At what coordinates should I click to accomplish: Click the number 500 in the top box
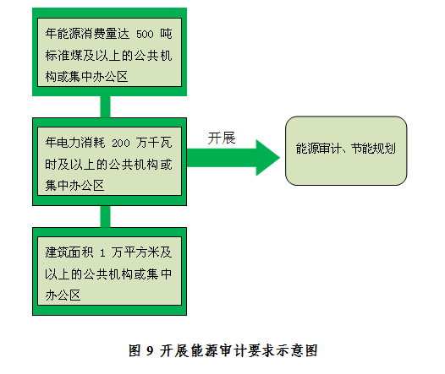pos(145,35)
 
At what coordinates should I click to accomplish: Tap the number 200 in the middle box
pos(121,144)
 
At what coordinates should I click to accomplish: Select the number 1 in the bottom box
pos(102,252)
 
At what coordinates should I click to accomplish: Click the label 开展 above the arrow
pos(222,138)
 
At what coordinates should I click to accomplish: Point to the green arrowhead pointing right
pos(267,158)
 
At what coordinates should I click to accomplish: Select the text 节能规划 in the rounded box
pos(373,149)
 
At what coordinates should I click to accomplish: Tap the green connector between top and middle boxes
pos(105,106)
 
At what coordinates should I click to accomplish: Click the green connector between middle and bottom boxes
pos(105,217)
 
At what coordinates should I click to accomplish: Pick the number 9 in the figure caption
pos(150,351)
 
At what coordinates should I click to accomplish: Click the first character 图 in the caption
pos(135,350)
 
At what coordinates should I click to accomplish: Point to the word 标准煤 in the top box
pos(63,56)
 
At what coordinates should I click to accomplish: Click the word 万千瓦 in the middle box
pos(154,143)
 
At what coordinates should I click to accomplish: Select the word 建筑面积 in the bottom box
pos(69,252)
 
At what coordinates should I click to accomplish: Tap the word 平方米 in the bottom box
pos(141,252)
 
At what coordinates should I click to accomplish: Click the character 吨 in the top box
pos(166,34)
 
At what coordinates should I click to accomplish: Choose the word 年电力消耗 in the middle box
pos(75,143)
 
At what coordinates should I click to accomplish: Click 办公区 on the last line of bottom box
pos(63,295)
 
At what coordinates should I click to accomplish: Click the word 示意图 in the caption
pos(297,350)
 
